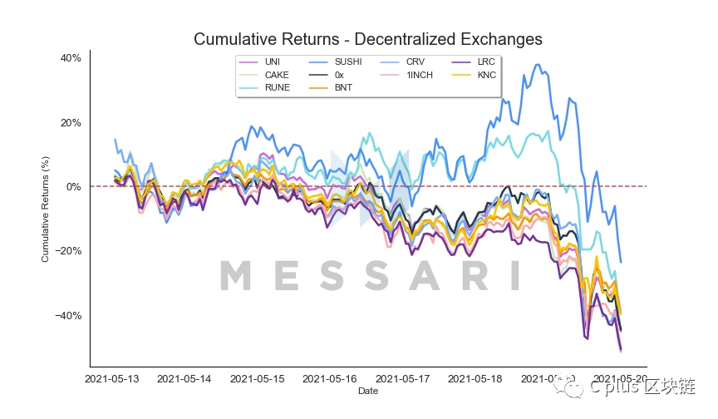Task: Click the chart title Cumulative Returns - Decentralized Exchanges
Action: coord(367,39)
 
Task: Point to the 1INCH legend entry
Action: coord(419,75)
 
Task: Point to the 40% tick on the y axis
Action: coord(70,58)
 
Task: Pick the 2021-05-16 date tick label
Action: coord(331,379)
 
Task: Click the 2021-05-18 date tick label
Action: coord(475,379)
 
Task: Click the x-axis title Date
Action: coord(367,390)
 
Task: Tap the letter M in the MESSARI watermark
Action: coord(236,276)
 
